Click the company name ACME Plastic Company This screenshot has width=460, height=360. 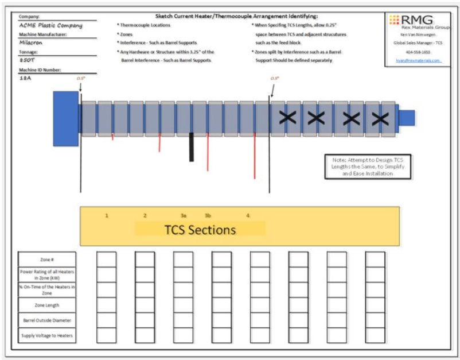50,25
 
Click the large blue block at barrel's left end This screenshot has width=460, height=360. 65,118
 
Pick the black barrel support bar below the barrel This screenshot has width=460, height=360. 192,147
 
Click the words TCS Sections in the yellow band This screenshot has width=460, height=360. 200,230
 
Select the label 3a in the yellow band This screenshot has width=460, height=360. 184,215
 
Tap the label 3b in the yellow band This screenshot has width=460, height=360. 208,215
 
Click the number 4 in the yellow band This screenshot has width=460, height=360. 248,215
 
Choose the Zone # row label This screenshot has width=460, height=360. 47,260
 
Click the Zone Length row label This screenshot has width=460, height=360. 47,305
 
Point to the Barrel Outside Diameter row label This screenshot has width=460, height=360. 47,320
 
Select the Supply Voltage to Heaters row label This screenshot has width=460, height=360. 47,335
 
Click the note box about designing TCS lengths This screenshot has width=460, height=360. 367,167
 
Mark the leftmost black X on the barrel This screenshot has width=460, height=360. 287,118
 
